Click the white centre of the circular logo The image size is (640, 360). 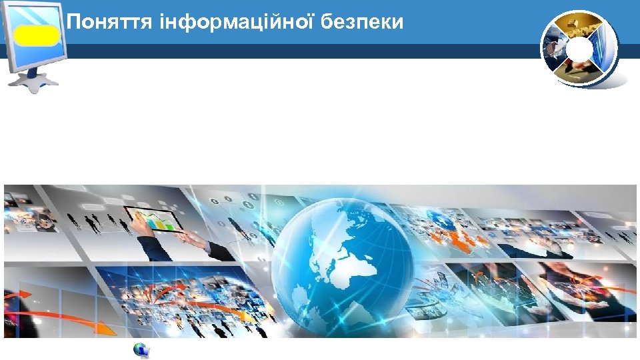pos(579,48)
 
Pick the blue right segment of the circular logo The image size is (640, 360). pos(605,47)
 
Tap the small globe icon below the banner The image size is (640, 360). pos(141,350)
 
